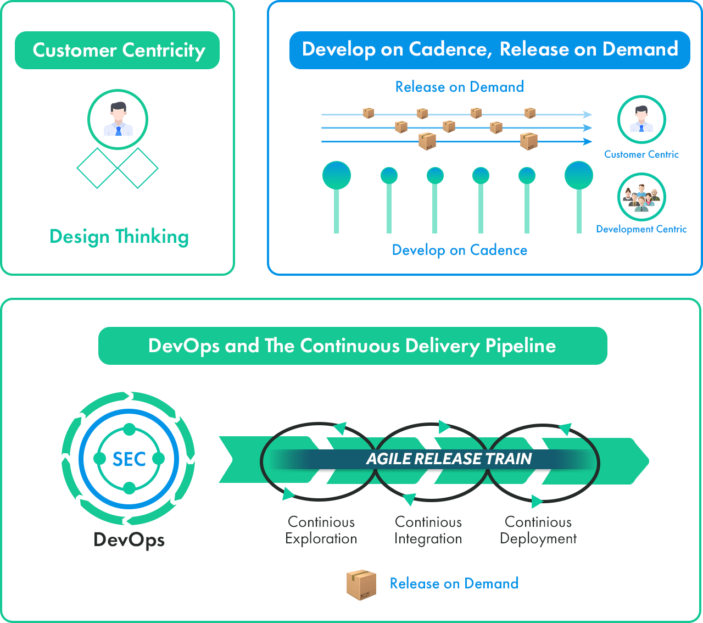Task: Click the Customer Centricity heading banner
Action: point(117,50)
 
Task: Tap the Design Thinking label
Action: point(119,236)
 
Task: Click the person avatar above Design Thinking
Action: point(118,119)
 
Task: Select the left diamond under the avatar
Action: point(97,168)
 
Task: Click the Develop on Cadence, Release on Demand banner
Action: point(489,50)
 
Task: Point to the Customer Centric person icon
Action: point(641,120)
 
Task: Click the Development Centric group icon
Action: point(641,197)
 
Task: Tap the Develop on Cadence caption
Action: point(459,250)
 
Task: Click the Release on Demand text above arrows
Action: point(459,87)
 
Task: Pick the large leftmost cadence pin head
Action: point(337,175)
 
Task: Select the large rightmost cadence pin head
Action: point(579,175)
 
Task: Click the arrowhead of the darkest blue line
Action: point(589,142)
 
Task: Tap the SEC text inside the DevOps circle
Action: point(129,459)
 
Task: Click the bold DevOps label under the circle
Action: point(129,539)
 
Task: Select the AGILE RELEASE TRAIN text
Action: point(449,459)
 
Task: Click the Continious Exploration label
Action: point(321,530)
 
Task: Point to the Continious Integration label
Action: point(428,530)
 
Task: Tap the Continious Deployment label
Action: point(538,530)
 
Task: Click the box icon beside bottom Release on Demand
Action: point(361,585)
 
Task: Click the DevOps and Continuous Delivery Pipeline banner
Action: point(353,346)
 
